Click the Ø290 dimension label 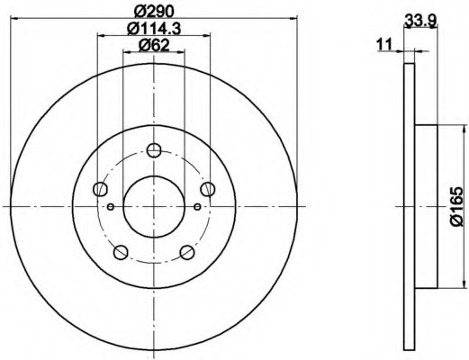coord(154,12)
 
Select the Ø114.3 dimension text coord(154,29)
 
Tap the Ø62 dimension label coord(154,45)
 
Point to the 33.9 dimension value coord(419,21)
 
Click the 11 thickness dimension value coord(384,45)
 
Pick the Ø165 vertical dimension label coord(456,206)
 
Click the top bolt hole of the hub coord(154,150)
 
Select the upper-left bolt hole coord(100,189)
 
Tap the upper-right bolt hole coord(208,189)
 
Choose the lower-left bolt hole coord(121,252)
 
